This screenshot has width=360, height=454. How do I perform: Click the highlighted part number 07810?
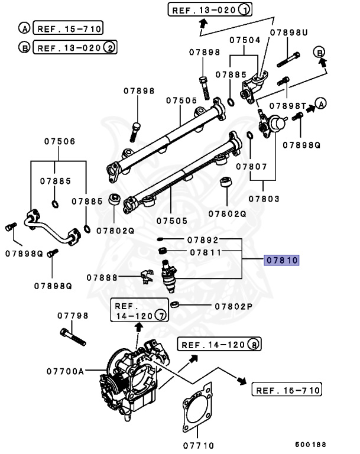point(282,260)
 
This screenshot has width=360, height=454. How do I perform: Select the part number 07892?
point(203,241)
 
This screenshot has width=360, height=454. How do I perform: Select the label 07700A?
point(66,371)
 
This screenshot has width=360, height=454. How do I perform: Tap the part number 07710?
point(198,445)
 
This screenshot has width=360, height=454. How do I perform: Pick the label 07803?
point(264,199)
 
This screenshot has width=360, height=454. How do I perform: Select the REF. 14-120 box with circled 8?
point(220,345)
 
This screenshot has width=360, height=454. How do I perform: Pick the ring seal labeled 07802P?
point(174,305)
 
